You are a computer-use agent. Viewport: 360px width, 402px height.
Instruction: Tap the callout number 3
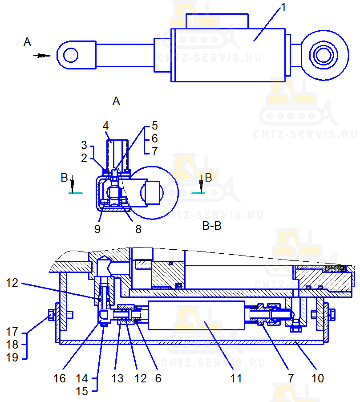(x=84, y=145)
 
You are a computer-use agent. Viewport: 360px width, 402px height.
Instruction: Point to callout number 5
(x=154, y=126)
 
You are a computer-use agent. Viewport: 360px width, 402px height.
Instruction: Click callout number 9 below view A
(x=97, y=229)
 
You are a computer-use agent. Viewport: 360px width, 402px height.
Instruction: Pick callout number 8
(x=138, y=229)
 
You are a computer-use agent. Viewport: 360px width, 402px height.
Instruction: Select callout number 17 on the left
(x=12, y=332)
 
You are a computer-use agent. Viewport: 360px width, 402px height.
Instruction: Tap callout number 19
(x=12, y=357)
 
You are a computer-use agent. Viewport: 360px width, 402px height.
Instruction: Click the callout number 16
(x=59, y=378)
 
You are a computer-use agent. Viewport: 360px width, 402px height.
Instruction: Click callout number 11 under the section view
(x=236, y=378)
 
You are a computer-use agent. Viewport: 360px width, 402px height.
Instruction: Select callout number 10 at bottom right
(x=318, y=378)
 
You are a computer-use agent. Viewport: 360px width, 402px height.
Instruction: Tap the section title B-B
(x=212, y=226)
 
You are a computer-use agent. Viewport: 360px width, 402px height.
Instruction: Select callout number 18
(x=12, y=345)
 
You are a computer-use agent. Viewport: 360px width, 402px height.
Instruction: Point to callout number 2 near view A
(x=84, y=157)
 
